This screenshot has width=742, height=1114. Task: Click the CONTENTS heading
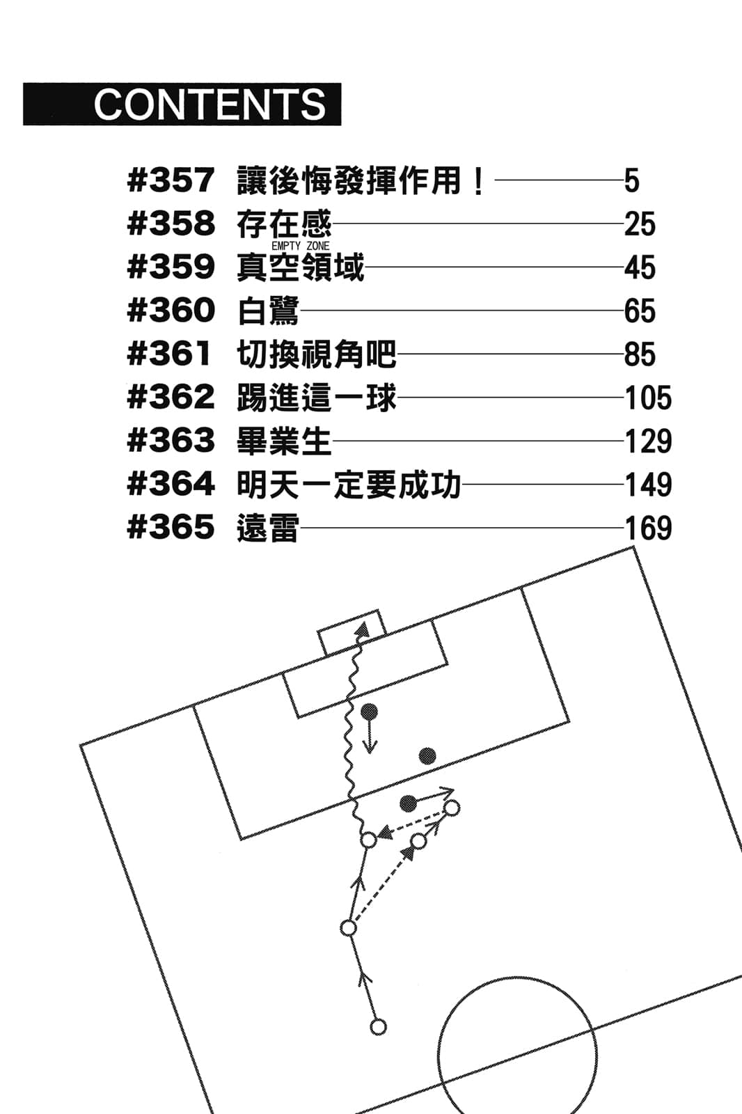[210, 104]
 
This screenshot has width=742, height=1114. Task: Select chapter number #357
[171, 181]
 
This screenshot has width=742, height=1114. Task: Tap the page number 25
[640, 224]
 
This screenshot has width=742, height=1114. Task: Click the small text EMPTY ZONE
[300, 246]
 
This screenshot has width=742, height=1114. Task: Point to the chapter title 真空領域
[300, 267]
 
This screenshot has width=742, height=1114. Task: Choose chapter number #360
[171, 311]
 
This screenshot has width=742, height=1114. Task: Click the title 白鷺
[268, 311]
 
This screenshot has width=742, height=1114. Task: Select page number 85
[640, 354]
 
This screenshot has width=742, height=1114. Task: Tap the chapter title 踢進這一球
[317, 398]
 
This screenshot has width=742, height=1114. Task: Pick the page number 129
[648, 441]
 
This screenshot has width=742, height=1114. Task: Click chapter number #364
[171, 485]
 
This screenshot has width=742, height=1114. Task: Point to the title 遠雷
[268, 528]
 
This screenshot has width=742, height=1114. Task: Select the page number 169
[648, 528]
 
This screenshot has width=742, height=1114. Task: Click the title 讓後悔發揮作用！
[361, 181]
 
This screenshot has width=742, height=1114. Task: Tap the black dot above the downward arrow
[369, 712]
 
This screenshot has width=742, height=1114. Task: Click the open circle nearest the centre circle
[378, 1026]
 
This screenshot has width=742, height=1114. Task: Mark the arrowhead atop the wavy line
[361, 629]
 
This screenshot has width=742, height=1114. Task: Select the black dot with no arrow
[427, 756]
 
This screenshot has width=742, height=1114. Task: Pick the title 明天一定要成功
[349, 485]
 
